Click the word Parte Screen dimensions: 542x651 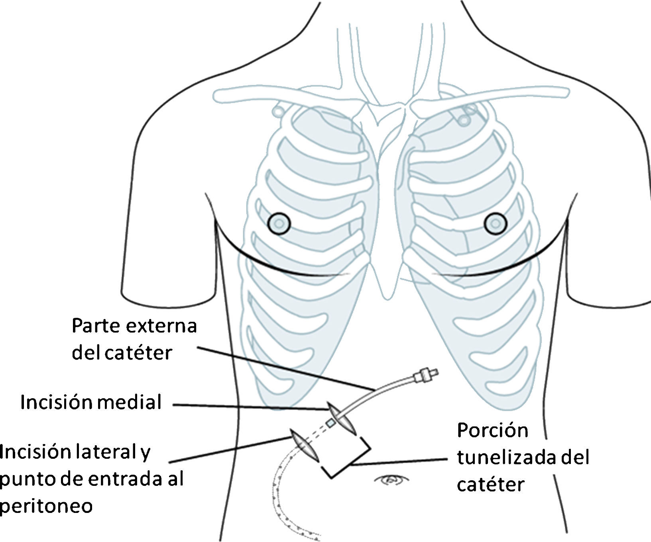[96, 326]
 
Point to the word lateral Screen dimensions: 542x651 [98, 452]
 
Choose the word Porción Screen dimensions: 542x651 [492, 431]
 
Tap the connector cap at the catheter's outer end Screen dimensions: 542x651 [425, 375]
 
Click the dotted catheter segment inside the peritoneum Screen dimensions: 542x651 [281, 502]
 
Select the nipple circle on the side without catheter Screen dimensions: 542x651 [495, 223]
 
